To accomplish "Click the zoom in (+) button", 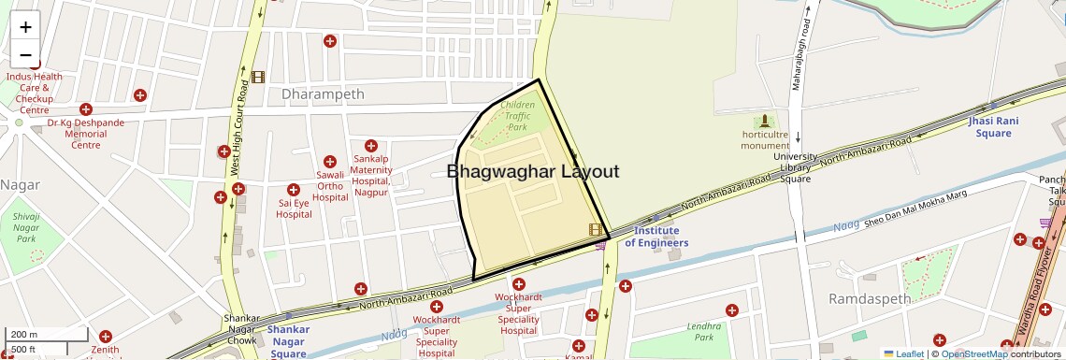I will coord(25,27).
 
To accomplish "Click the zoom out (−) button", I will coord(25,54).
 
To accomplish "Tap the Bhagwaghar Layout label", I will coord(532,171).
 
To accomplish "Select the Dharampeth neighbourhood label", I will coord(323,94).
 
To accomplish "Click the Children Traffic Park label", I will coord(517,115).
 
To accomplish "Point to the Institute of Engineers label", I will coord(656,237).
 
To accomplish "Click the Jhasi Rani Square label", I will coord(993,127).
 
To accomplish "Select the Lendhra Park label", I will coord(704,332).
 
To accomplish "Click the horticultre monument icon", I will coord(766,121).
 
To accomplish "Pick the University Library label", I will coord(795,167).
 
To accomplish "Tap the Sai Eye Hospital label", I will coord(294,209).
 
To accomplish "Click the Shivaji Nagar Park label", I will coord(26,227).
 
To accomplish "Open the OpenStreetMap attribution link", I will coord(973,353).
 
